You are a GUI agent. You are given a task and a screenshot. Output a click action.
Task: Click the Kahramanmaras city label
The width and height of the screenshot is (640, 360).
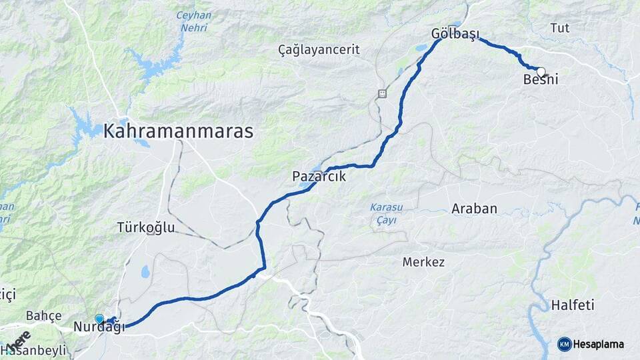178,131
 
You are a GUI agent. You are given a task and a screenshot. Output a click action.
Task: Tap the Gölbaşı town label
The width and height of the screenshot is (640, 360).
455,34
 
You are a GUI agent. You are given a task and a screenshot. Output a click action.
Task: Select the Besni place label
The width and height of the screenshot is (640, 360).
541,80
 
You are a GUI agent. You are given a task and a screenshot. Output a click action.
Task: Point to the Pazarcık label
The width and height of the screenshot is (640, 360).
319,177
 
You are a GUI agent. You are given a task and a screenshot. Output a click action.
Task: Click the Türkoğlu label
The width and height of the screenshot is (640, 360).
146,227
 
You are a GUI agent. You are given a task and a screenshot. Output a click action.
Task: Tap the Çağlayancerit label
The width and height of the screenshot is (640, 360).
319,49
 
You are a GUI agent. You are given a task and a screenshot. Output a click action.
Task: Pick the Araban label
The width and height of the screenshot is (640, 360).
474,209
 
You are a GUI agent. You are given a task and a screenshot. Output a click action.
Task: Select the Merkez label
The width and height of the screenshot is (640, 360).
423,262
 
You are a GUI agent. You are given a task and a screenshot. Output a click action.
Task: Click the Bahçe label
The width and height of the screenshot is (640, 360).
44,315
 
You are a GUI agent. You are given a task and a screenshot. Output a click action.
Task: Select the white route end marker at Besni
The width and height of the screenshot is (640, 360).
541,71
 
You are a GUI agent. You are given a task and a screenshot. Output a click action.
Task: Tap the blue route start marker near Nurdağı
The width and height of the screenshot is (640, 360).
99,319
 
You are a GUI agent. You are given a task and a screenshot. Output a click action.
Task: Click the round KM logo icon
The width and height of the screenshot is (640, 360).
564,344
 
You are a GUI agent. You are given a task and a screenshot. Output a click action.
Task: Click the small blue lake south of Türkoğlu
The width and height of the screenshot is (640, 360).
145,271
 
